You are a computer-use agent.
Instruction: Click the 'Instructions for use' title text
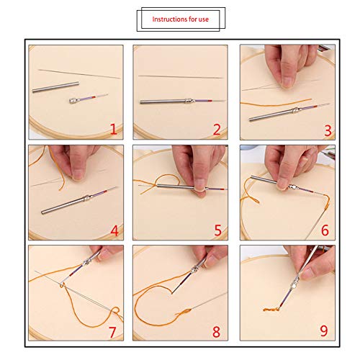click(x=180, y=19)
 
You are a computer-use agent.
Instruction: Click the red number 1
click(x=113, y=130)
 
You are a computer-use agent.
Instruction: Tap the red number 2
click(x=217, y=130)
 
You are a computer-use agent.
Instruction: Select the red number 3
click(x=328, y=130)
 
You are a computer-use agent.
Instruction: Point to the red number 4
click(x=113, y=230)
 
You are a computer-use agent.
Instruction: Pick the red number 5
click(x=217, y=230)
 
